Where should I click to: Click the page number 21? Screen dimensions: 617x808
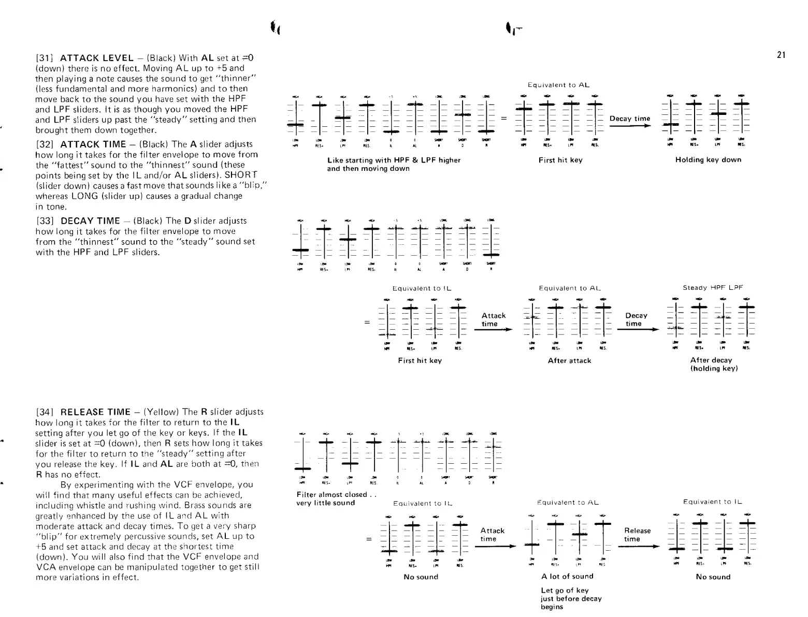tap(782, 55)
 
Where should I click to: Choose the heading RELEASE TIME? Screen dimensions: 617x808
tap(95, 412)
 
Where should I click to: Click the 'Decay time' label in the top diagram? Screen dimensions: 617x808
tap(629, 119)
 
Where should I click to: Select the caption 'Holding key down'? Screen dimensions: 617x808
tap(708, 159)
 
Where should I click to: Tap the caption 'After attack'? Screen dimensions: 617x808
tap(569, 360)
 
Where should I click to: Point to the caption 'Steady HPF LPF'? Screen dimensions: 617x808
tap(713, 287)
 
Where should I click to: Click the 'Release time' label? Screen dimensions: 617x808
tap(638, 535)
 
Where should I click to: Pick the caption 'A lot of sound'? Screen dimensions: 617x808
tap(567, 576)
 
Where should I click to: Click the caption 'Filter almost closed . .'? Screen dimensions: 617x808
tap(335, 494)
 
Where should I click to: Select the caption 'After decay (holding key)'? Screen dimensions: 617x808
tap(713, 364)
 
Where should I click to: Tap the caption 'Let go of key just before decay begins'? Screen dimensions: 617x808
tap(571, 598)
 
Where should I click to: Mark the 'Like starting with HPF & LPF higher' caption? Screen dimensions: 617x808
tap(394, 160)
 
